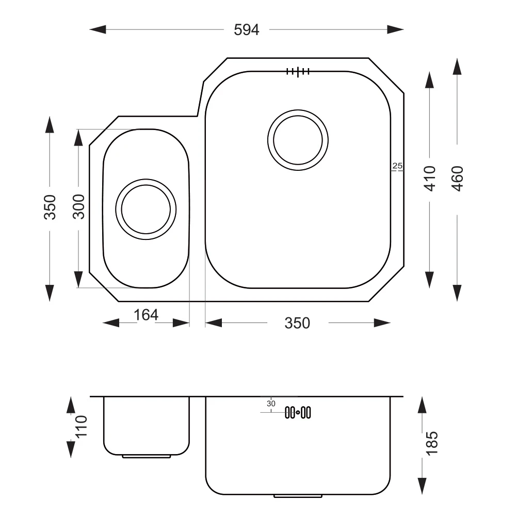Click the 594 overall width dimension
(247, 30)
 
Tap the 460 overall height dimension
(457, 179)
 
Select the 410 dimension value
(430, 179)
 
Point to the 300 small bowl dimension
(78, 207)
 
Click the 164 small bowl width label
(146, 315)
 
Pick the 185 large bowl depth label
(432, 443)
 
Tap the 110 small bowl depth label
(82, 426)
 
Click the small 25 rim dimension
(397, 166)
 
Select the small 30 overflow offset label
(271, 404)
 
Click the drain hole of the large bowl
(298, 140)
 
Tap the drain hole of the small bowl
(146, 209)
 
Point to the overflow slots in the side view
(298, 412)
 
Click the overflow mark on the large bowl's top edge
(298, 71)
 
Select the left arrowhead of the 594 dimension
(98, 29)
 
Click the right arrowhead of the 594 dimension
(395, 29)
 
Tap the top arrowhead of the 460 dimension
(457, 67)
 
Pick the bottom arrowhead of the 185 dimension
(422, 486)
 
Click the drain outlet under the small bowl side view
(147, 457)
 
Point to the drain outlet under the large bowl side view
(298, 496)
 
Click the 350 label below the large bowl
(297, 323)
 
